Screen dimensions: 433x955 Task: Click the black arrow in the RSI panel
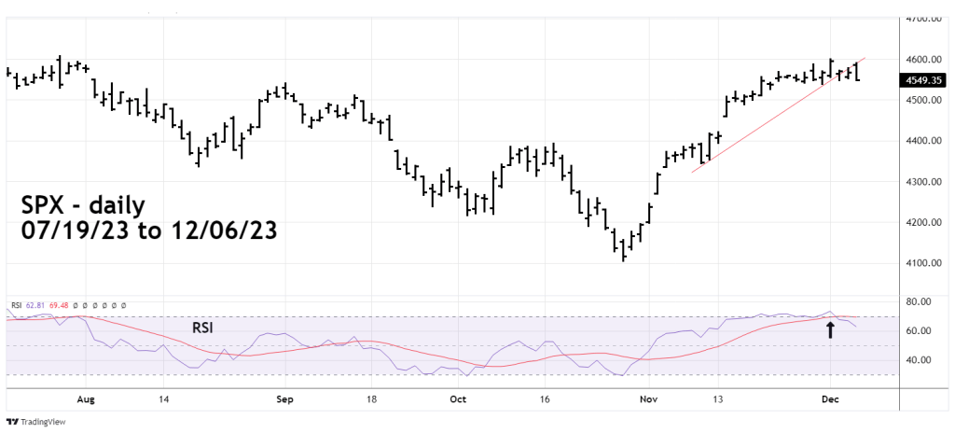(830, 328)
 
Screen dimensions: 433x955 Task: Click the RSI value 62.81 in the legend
(35, 305)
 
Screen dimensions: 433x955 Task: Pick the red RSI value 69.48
(60, 305)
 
